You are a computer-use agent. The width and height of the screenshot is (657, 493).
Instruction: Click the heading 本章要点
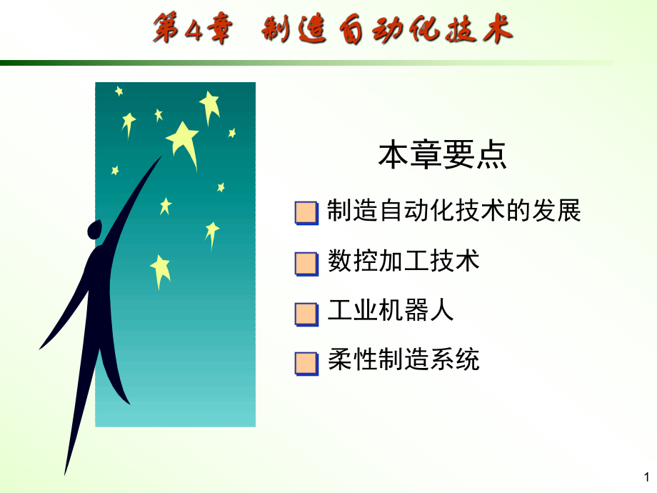442,156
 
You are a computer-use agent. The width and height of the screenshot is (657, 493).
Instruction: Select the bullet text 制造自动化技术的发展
453,211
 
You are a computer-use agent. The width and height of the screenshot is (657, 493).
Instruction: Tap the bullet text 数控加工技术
403,261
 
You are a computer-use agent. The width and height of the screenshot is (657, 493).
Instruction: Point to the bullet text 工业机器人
391,311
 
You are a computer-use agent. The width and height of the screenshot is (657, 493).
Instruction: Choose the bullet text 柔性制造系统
403,359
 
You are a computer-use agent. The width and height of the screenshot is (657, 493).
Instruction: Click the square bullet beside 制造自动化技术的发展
306,213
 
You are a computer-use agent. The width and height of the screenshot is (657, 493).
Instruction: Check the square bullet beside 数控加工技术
306,263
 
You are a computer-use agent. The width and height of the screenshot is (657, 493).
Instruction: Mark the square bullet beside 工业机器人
306,314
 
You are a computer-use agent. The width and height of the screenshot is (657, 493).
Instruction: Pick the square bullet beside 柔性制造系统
306,363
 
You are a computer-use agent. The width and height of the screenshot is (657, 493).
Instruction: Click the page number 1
646,477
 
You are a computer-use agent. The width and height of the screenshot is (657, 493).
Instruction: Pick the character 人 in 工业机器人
441,311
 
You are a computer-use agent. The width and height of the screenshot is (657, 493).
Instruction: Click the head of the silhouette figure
94,229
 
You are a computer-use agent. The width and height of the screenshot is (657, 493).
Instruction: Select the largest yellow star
184,140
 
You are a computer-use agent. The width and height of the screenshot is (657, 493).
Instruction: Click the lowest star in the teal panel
161,270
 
